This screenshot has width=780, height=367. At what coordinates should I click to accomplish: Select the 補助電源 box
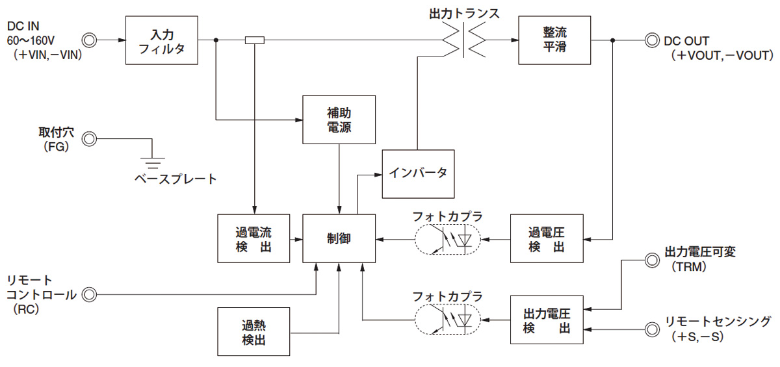[339, 120]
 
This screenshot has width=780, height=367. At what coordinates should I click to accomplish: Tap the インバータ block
[419, 173]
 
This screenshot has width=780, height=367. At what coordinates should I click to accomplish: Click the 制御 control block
[339, 238]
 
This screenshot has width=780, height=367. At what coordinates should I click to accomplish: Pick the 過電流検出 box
[253, 238]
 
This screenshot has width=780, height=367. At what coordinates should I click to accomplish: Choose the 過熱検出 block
[253, 331]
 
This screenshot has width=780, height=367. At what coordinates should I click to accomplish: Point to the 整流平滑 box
[555, 40]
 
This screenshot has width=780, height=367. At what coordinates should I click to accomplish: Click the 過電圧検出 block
[547, 238]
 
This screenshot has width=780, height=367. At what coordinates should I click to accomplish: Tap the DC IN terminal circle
[89, 40]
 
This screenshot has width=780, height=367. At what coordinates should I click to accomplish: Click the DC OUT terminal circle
[649, 40]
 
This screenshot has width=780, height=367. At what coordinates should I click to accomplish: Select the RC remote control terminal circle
[89, 295]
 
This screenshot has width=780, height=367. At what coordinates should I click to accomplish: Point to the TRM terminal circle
[649, 260]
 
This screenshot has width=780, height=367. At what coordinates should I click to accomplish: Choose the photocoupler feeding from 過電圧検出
[447, 240]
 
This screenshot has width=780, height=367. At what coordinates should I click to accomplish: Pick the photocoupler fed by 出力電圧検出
[447, 319]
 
